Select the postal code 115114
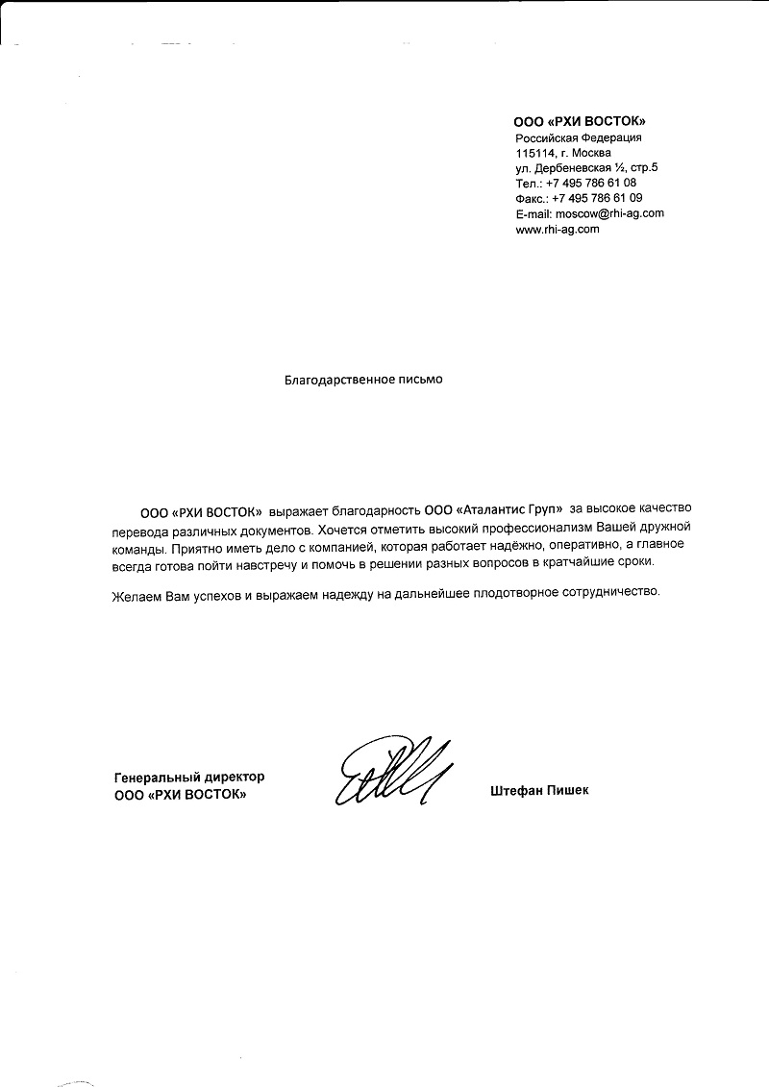535,152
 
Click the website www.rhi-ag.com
558,229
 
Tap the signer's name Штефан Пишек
538,790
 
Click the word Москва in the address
591,152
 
